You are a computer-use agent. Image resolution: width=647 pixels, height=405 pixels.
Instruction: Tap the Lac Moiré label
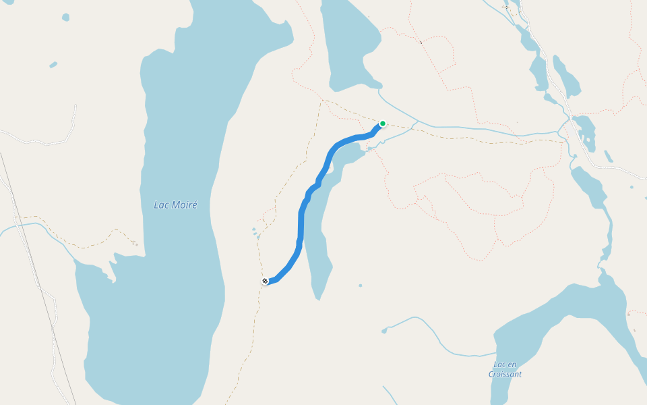175,205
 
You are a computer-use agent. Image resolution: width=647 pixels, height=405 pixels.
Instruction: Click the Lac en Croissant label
505,369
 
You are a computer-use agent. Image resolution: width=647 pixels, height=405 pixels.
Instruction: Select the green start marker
383,124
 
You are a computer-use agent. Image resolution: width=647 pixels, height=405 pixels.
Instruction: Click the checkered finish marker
265,281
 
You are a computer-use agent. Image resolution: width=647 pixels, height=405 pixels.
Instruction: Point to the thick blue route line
301,223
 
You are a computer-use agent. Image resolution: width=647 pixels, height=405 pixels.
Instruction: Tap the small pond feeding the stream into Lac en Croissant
385,331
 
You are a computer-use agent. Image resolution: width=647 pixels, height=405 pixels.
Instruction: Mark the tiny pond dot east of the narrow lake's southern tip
361,286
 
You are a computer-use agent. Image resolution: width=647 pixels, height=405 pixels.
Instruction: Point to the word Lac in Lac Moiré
161,205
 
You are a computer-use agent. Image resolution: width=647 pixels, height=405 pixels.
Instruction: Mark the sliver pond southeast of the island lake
608,157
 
